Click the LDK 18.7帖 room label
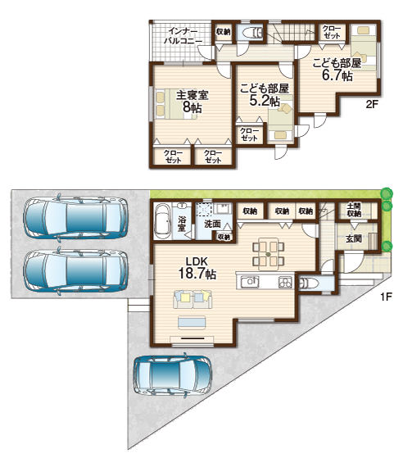click(x=197, y=268)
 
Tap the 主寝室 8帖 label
click(x=192, y=102)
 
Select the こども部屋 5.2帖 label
click(x=265, y=95)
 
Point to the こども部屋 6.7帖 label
click(x=337, y=69)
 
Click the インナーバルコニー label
click(x=183, y=35)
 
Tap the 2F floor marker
click(x=372, y=104)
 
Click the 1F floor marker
click(x=386, y=297)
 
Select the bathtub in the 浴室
click(x=162, y=221)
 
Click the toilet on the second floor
click(x=252, y=33)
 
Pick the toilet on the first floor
click(x=308, y=283)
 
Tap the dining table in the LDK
click(x=269, y=254)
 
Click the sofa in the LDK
click(x=192, y=299)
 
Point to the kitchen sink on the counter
click(x=250, y=282)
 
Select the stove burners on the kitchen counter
click(x=285, y=282)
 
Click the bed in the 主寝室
click(x=176, y=104)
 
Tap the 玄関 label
click(x=354, y=238)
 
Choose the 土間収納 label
click(x=354, y=210)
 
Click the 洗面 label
click(x=212, y=224)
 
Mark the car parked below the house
click(x=173, y=375)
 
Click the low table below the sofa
click(x=192, y=323)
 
